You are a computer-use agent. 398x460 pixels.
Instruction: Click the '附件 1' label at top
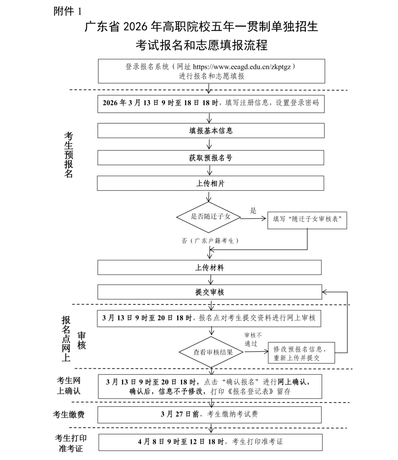coord(68,11)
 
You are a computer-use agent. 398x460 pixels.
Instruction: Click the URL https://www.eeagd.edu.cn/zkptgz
coord(242,67)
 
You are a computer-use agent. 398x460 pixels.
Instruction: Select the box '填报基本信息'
coord(211,131)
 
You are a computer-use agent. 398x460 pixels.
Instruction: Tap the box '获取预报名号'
coord(211,158)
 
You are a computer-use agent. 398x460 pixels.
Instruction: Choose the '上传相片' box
coord(210,183)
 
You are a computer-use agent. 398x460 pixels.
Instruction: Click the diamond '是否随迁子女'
coord(209,217)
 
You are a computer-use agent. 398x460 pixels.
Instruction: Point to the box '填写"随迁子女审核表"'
coord(307,219)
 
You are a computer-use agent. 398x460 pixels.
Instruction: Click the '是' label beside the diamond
coord(253,210)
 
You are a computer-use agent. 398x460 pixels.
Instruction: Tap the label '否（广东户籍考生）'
coord(210,241)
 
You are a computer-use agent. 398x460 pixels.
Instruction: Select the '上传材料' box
coord(209,268)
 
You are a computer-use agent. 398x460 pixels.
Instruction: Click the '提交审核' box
coord(209,292)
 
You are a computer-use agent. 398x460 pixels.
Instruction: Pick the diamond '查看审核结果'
coord(212,352)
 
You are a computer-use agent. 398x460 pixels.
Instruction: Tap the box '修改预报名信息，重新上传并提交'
coord(301,353)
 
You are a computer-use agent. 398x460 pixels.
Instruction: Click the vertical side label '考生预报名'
coord(69,154)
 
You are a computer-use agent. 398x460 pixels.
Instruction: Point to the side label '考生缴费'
coord(69,415)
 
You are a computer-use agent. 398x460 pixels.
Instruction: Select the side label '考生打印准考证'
coord(71,443)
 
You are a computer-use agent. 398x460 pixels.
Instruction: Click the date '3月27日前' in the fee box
coord(180,414)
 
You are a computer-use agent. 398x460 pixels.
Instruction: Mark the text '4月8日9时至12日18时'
coord(181,442)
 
